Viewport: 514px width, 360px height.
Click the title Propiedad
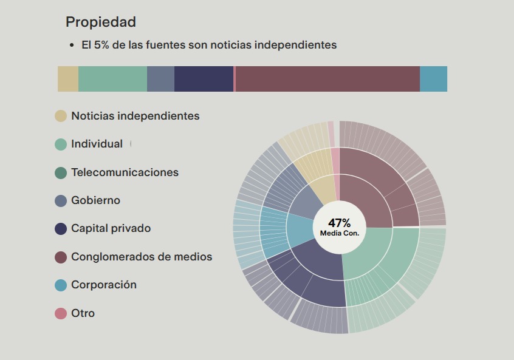pyautogui.click(x=100, y=22)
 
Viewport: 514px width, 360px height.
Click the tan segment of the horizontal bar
pyautogui.click(x=68, y=79)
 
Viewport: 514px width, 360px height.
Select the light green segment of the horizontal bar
pyautogui.click(x=112, y=79)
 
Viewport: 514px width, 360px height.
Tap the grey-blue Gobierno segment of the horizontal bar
pyautogui.click(x=160, y=79)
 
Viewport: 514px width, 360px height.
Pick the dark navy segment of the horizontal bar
pyautogui.click(x=204, y=79)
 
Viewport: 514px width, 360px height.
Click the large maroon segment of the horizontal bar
pyautogui.click(x=327, y=79)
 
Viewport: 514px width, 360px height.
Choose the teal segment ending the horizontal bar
pyautogui.click(x=433, y=79)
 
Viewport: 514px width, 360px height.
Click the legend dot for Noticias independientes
pyautogui.click(x=61, y=116)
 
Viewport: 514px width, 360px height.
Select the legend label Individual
pyautogui.click(x=97, y=144)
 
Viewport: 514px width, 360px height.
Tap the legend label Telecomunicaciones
pyautogui.click(x=125, y=172)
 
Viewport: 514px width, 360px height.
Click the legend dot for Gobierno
pyautogui.click(x=61, y=200)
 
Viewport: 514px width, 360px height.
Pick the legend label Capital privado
pyautogui.click(x=111, y=228)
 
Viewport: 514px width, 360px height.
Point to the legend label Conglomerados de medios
pyautogui.click(x=142, y=257)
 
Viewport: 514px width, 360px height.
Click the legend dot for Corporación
pyautogui.click(x=61, y=285)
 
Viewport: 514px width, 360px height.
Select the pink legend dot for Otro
pyautogui.click(x=61, y=313)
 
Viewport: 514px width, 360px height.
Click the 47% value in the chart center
pyautogui.click(x=339, y=223)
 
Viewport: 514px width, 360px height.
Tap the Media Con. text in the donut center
pyautogui.click(x=339, y=233)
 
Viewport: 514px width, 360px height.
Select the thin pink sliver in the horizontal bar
pyautogui.click(x=234, y=79)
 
